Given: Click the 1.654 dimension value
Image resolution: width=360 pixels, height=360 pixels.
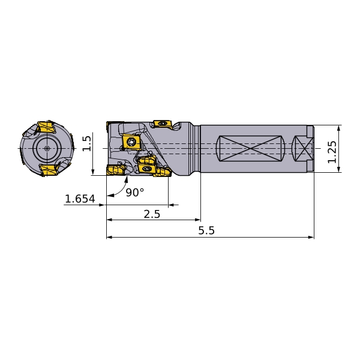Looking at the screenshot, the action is coord(80,199).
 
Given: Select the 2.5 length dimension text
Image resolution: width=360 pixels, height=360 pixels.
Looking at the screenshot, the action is coord(152,214).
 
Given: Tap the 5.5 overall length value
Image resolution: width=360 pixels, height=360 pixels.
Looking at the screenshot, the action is coord(206,230).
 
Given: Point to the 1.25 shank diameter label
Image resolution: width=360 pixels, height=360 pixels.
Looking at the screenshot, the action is coord(332,152).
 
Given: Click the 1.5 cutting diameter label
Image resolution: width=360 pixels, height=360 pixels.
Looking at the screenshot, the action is coord(86,143).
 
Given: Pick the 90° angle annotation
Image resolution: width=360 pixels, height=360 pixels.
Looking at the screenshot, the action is coord(135,193).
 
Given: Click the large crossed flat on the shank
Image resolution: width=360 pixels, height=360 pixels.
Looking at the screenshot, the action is coord(250,148).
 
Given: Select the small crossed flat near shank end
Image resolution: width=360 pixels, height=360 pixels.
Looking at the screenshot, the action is coord(302,148).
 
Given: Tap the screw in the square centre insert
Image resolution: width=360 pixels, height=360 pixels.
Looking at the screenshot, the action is coord(131,142).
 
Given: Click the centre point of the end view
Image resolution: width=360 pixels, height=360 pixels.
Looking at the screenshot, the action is coord(47,148).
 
